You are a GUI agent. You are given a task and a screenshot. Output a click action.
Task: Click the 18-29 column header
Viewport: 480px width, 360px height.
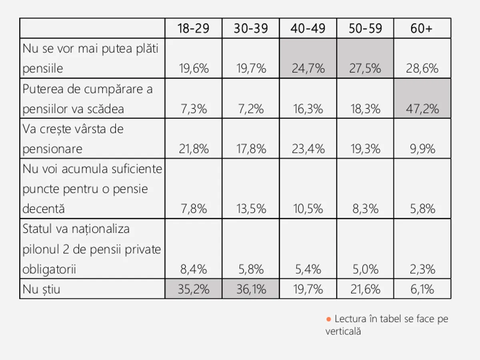(194, 28)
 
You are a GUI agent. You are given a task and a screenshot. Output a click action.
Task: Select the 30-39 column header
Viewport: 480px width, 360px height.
(250, 28)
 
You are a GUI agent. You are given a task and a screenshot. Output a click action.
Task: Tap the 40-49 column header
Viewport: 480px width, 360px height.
(308, 28)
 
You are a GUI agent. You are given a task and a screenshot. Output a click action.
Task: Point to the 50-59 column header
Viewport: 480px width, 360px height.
(365, 28)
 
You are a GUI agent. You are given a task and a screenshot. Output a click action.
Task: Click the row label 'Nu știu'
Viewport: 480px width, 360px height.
(42, 289)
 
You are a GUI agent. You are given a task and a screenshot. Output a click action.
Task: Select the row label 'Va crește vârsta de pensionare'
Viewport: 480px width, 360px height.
(73, 139)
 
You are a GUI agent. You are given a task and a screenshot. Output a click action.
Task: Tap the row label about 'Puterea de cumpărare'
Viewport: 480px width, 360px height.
(87, 99)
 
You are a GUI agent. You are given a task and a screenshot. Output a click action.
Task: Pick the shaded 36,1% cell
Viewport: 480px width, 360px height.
(250, 289)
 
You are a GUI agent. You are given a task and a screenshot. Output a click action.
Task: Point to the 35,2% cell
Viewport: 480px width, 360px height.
(194, 289)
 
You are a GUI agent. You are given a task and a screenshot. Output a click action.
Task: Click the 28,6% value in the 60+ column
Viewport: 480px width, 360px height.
(422, 68)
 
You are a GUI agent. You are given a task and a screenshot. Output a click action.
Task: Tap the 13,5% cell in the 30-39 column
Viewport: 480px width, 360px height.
(250, 209)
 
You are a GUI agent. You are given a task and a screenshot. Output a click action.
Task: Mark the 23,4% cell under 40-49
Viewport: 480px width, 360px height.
(308, 149)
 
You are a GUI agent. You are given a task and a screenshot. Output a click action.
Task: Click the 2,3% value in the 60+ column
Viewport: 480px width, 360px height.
(422, 269)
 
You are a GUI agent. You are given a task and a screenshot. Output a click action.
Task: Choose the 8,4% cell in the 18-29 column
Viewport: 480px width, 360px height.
(194, 269)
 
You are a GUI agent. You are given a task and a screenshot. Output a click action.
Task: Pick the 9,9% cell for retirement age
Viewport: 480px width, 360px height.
(422, 149)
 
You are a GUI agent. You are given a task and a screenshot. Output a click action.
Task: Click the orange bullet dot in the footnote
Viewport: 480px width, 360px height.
(328, 319)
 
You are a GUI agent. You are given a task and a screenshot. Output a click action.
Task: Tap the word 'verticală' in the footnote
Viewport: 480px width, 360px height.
(343, 331)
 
